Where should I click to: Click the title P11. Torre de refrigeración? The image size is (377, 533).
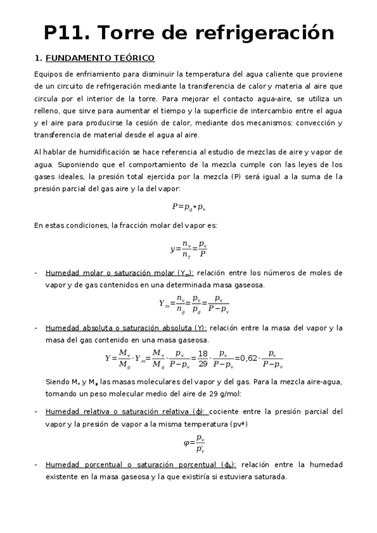click(x=188, y=32)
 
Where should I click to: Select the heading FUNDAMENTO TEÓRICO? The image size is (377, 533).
click(x=100, y=58)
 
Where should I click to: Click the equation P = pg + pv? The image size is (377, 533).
click(x=188, y=206)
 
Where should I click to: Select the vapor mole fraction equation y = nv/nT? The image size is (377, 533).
click(x=188, y=249)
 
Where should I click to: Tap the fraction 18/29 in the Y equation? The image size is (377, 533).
click(x=202, y=358)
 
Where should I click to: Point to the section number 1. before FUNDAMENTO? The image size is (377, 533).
click(x=38, y=58)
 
